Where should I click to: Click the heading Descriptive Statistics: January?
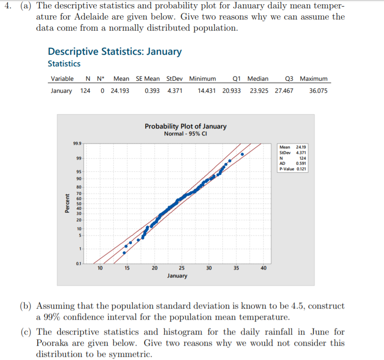pos(115,51)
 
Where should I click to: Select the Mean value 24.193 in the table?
pos(120,91)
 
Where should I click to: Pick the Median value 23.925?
pos(259,91)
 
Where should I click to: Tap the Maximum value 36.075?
pos(318,91)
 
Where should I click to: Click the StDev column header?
pos(174,79)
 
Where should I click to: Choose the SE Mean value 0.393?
pos(152,91)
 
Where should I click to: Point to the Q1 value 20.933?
pos(232,91)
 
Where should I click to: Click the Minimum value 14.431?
pos(207,91)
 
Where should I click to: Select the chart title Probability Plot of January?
pos(186,126)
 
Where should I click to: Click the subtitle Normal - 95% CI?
pos(186,134)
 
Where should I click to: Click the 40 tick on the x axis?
pos(264,268)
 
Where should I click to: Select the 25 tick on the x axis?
pos(182,268)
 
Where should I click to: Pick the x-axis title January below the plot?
pos(177,276)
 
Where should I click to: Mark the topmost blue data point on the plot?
pos(242,154)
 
